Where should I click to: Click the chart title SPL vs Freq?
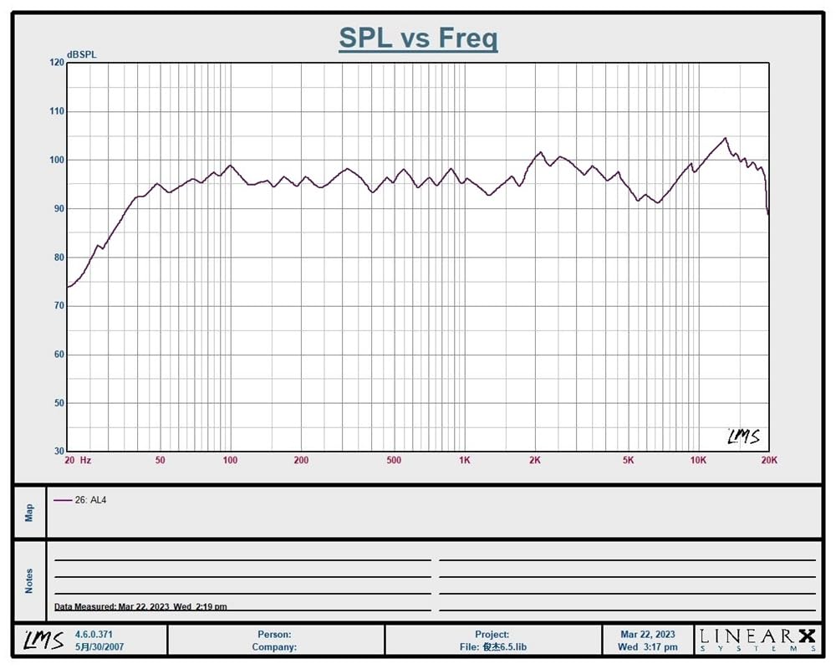click(419, 38)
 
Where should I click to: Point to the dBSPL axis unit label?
click(82, 54)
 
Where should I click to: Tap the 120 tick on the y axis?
click(57, 63)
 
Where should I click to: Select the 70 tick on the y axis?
click(59, 306)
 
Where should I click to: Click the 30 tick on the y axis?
click(59, 451)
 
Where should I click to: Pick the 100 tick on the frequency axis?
click(230, 460)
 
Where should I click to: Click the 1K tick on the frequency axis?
click(464, 460)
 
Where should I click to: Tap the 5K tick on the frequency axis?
click(628, 460)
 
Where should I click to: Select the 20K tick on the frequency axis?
click(769, 460)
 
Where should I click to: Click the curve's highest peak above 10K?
click(725, 138)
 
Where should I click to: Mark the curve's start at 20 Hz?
click(68, 287)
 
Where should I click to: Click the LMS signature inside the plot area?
click(744, 437)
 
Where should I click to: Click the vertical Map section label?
click(29, 513)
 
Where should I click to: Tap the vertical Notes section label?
click(29, 581)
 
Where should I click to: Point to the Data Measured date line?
click(140, 606)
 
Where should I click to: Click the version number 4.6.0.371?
click(94, 635)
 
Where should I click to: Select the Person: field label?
click(274, 635)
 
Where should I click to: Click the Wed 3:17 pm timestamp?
click(648, 647)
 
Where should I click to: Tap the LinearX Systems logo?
click(757, 640)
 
